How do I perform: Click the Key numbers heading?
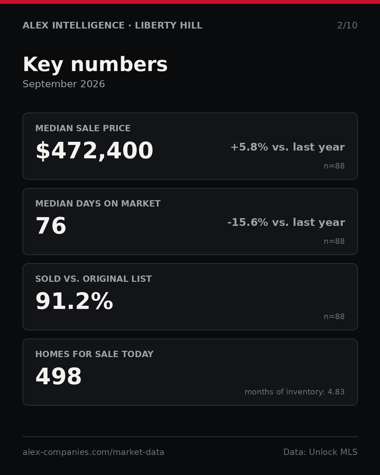(95, 64)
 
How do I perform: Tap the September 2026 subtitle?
(64, 84)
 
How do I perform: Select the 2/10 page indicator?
(347, 25)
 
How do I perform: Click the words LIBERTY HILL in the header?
(169, 25)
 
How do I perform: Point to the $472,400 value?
(94, 151)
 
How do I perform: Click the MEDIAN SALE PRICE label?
(83, 128)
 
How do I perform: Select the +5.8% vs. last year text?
(287, 147)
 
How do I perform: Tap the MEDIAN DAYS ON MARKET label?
(98, 203)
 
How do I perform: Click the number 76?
(51, 226)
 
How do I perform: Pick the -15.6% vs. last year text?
(286, 222)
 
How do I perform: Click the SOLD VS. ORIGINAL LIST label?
(93, 279)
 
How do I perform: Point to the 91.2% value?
(74, 301)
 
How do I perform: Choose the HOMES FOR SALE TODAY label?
(94, 354)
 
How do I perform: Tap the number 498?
(58, 376)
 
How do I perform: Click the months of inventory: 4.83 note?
(294, 392)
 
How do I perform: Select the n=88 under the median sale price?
(334, 166)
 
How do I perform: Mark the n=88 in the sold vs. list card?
(334, 317)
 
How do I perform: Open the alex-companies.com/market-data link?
(93, 452)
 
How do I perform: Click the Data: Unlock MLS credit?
(321, 452)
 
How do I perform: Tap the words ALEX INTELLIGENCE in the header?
(74, 25)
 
